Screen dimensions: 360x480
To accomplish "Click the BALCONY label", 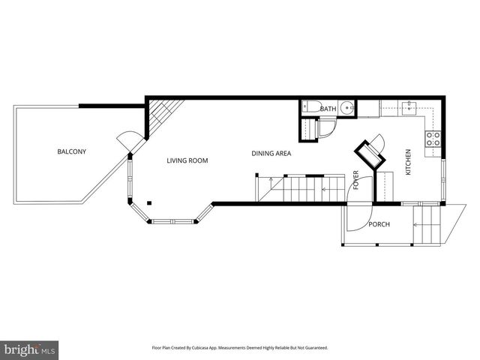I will [72, 152].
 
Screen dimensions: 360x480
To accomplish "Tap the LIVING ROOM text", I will [187, 160].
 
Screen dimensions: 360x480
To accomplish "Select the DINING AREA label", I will [271, 154].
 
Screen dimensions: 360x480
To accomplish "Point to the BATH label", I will [328, 109].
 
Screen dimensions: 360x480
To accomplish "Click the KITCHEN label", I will [409, 163].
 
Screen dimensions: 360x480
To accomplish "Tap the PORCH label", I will [379, 224].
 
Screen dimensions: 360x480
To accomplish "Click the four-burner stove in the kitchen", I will [433, 138].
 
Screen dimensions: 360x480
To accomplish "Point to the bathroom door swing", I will [326, 130].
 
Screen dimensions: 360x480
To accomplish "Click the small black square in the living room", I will [149, 202].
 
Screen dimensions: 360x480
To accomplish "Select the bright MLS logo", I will [30, 349].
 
